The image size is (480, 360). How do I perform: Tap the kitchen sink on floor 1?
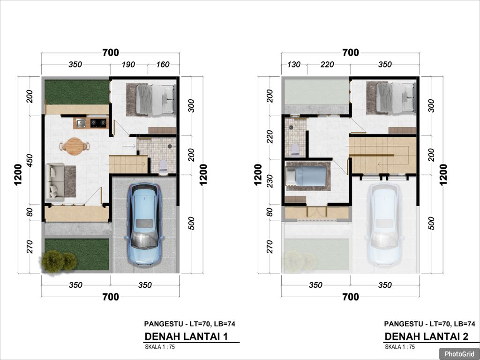[81, 123]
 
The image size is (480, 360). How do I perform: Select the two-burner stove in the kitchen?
[98, 123]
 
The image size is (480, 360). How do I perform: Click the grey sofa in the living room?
[55, 181]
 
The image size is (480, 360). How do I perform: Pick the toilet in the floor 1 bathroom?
[163, 167]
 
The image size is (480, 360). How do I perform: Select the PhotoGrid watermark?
[459, 354]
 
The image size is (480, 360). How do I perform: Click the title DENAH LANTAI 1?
[186, 337]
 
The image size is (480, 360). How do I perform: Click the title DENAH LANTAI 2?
[427, 337]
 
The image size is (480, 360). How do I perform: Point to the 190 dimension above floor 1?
[128, 65]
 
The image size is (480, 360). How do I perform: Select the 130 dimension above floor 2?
[294, 65]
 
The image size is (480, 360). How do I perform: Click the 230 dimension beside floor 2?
[270, 181]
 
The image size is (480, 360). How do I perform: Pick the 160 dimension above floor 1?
[163, 65]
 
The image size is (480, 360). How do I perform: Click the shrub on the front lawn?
[59, 261]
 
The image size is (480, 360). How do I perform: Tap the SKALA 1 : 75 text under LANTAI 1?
[160, 347]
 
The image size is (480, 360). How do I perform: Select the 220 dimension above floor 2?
[327, 65]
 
